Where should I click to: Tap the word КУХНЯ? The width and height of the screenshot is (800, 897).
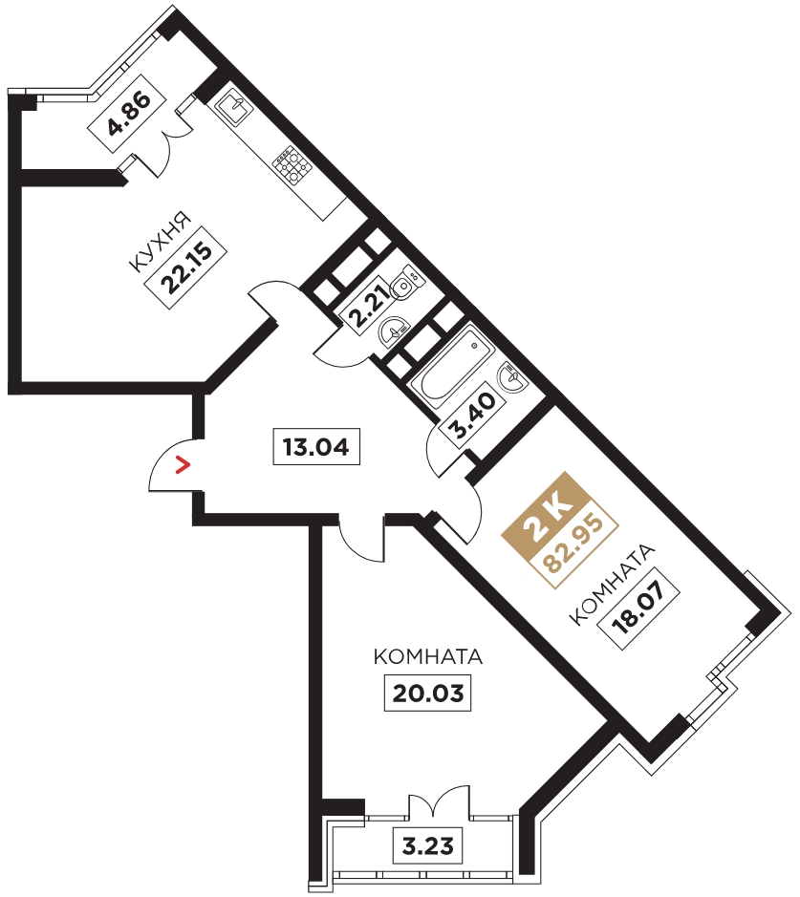pos(160,242)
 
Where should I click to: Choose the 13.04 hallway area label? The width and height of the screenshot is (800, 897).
pos(316,446)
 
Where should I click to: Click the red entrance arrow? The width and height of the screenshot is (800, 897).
pos(183,465)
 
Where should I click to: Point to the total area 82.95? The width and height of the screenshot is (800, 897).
pos(574,545)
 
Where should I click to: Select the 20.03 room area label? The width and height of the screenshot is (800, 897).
pos(427,694)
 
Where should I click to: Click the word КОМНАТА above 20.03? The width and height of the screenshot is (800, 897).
pos(428,656)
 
